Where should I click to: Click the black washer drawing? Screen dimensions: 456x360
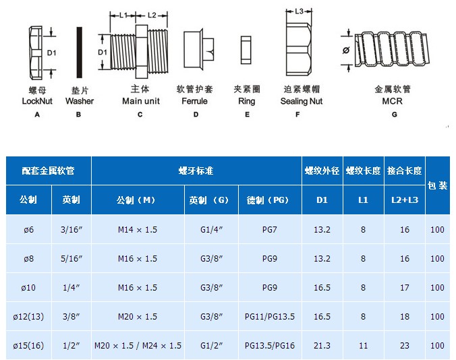[x=79, y=53]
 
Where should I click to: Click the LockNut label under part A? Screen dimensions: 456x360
[x=37, y=101]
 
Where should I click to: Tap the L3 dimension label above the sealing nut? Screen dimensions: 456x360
[x=300, y=11]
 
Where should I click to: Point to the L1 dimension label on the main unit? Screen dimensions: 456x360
[x=123, y=15]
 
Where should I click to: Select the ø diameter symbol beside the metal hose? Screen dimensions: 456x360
[x=346, y=51]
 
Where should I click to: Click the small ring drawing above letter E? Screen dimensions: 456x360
[x=246, y=50]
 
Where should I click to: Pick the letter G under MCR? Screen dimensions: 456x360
[x=395, y=115]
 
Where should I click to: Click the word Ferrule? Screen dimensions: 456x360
[x=194, y=101]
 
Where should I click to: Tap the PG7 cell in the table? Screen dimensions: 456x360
[x=270, y=229]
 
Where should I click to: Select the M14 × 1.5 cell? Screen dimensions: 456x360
[x=138, y=229]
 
